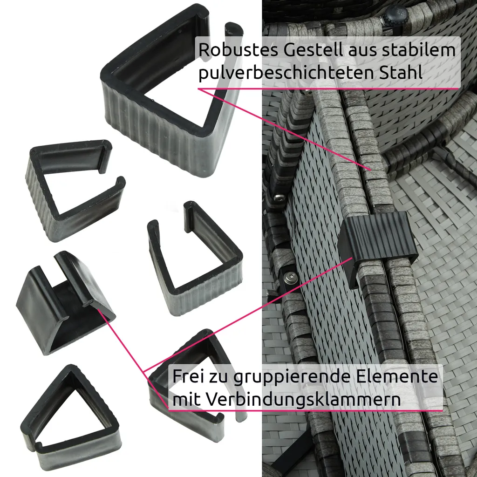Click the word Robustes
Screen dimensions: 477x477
tap(238, 50)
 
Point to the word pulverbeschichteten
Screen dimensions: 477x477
tap(286, 73)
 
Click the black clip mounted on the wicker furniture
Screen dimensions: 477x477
tap(377, 243)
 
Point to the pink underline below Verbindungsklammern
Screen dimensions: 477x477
tap(306, 410)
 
